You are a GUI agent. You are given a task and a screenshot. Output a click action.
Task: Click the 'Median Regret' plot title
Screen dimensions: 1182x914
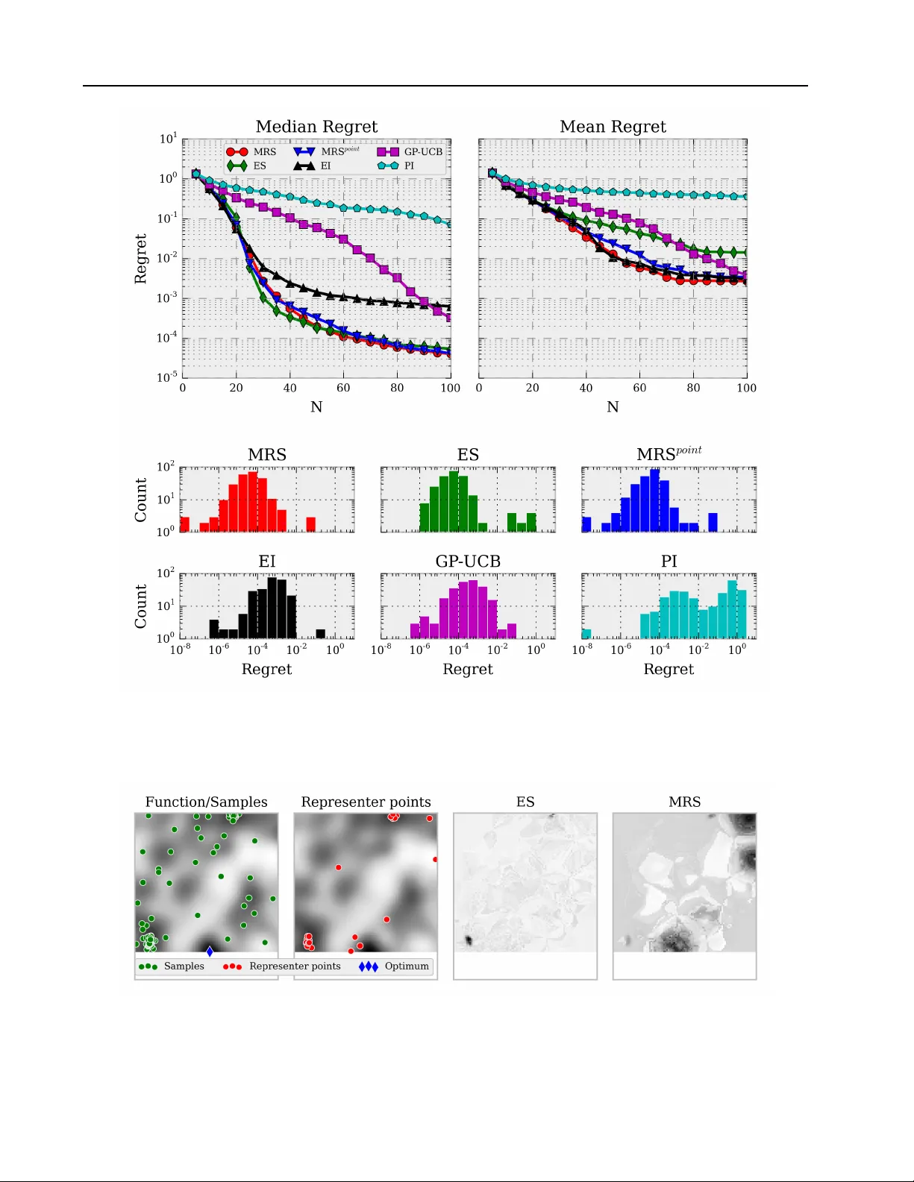tap(316, 127)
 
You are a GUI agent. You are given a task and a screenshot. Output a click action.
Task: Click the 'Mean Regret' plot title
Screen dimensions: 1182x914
tap(613, 127)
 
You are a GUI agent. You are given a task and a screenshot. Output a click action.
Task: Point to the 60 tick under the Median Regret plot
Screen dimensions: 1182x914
tap(343, 388)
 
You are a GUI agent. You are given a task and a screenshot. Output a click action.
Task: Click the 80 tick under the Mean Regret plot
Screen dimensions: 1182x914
tap(693, 388)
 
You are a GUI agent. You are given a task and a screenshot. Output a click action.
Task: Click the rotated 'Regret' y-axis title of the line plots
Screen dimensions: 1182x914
tap(140, 259)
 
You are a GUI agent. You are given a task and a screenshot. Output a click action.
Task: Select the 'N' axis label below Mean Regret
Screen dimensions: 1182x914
tap(613, 407)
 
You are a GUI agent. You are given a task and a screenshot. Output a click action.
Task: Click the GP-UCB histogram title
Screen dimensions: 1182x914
tap(468, 562)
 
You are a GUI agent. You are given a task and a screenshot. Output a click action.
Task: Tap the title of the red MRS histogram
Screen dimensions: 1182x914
tap(267, 455)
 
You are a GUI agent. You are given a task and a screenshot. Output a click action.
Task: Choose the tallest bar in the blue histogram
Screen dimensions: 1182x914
tap(654, 500)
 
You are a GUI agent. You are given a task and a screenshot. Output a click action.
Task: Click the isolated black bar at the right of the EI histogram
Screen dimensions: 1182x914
tap(321, 634)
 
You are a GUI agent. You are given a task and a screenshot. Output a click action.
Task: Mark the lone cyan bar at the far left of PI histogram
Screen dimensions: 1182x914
tap(586, 634)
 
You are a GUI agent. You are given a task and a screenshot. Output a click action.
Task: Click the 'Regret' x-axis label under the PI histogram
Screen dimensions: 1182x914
tap(669, 670)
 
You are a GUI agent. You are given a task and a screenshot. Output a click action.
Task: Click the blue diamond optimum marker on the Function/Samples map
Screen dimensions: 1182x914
tap(210, 952)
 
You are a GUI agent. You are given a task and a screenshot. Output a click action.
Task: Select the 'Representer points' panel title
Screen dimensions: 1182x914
tap(366, 802)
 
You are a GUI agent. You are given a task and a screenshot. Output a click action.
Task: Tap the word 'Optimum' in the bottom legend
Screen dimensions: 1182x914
tap(407, 966)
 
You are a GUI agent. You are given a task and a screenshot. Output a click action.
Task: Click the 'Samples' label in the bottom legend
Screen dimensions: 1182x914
tap(184, 966)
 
